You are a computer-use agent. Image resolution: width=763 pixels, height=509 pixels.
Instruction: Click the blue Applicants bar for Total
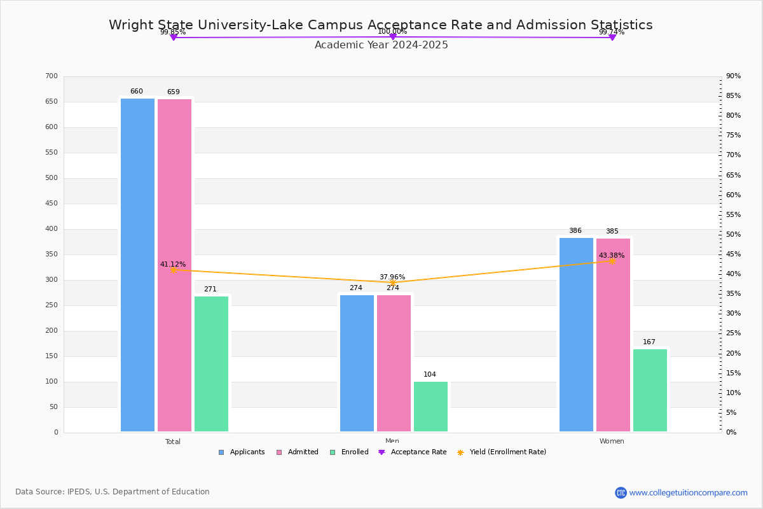137,265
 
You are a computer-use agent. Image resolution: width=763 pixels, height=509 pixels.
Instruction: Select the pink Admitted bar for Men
394,363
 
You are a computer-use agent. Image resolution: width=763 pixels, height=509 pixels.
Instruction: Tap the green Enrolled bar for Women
650,390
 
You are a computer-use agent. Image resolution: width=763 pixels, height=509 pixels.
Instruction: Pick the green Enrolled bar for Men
430,407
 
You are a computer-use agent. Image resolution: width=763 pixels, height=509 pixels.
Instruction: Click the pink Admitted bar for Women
613,335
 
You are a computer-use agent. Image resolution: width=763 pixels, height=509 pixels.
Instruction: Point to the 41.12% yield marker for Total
173,270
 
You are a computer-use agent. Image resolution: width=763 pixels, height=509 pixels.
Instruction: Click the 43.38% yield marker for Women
612,261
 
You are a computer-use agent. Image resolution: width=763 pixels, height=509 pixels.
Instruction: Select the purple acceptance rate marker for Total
173,38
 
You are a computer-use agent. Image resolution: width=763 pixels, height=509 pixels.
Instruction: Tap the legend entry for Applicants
242,452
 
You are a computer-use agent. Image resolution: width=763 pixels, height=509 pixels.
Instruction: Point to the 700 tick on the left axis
52,76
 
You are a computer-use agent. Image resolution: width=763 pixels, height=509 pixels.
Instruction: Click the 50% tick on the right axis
733,235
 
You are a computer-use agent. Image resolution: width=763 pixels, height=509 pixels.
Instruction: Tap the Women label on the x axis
612,442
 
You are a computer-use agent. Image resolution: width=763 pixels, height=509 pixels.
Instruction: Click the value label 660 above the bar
137,92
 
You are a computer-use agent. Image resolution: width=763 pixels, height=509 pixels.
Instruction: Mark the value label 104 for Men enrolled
430,375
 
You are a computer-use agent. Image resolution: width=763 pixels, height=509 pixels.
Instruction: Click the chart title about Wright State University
380,25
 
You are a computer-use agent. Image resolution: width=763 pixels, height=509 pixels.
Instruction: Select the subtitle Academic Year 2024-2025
381,45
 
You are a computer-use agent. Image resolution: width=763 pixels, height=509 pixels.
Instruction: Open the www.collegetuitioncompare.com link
688,492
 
